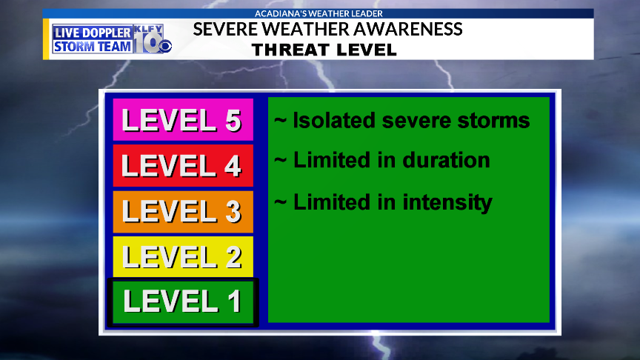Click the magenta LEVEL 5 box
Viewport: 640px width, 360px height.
tap(183, 119)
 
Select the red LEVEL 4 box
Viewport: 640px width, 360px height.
tap(183, 165)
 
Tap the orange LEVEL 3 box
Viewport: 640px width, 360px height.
tap(183, 211)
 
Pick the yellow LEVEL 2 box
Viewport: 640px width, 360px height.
tap(183, 256)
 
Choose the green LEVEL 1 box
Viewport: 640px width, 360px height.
tap(183, 302)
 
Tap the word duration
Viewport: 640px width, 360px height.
tap(446, 160)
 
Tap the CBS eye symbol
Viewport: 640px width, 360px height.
tap(165, 47)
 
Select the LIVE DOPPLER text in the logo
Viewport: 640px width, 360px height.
tap(93, 33)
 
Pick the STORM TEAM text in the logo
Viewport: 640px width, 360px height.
tap(93, 47)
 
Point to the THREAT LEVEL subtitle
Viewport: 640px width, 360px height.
tap(324, 50)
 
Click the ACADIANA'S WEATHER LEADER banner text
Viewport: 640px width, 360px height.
tap(319, 13)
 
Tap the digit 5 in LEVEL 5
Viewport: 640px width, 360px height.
tap(233, 121)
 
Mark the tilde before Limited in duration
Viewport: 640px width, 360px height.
tap(280, 161)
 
